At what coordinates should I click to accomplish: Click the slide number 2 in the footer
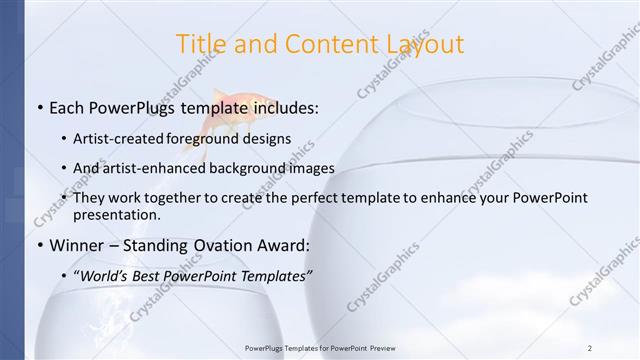click(590, 347)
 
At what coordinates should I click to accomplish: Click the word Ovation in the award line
click(219, 246)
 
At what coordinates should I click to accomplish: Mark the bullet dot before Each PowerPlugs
click(39, 108)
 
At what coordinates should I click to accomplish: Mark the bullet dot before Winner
click(39, 246)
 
